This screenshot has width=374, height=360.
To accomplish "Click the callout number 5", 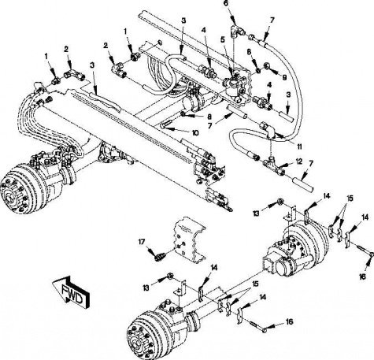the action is [x=223, y=40].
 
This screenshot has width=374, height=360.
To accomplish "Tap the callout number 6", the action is [x=225, y=4].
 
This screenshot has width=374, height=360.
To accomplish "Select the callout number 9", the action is [x=284, y=77].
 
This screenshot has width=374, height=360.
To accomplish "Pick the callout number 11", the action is [x=299, y=147].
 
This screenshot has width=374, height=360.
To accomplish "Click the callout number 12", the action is [x=299, y=161].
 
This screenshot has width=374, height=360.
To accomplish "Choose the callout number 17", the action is [x=142, y=242].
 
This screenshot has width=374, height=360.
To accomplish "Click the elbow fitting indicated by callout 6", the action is [x=236, y=31].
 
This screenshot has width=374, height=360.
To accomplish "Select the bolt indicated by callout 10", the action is [x=164, y=125].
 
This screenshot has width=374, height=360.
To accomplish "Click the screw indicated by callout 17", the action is [x=160, y=257].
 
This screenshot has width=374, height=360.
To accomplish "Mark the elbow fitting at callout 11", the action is [x=267, y=129].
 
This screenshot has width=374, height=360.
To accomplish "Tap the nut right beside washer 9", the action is [x=258, y=71].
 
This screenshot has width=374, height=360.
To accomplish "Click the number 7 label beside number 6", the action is [x=272, y=20].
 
